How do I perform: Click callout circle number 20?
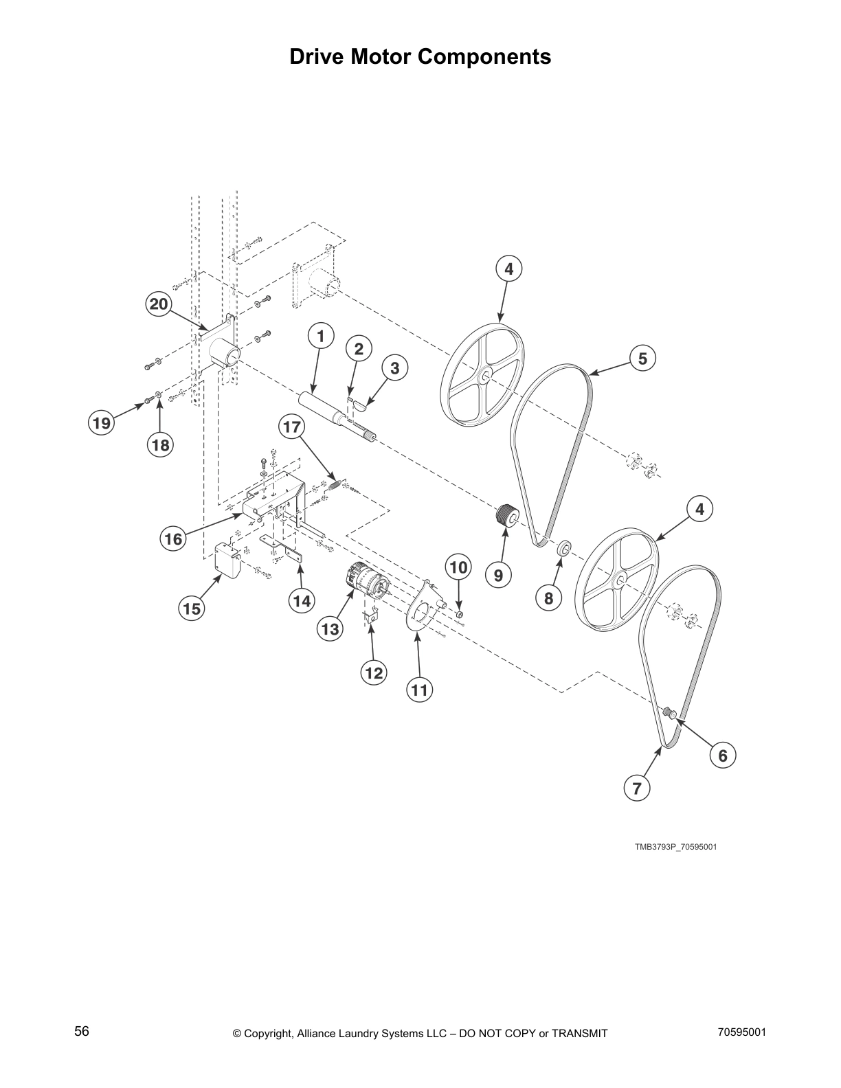click(159, 304)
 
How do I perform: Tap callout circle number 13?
click(330, 628)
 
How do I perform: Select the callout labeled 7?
click(637, 789)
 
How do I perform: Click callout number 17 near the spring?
click(291, 427)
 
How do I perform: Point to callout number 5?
click(642, 358)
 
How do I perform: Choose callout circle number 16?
click(173, 539)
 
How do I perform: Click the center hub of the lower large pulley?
click(620, 581)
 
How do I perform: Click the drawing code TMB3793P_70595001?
click(675, 846)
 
